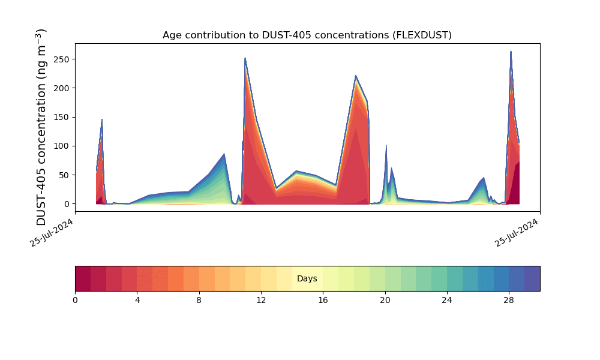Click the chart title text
coord(307,35)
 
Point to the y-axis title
coord(41,127)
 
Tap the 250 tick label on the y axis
coord(62,59)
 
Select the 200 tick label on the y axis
coord(62,88)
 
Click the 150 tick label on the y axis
coord(62,118)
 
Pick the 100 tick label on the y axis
coord(62,146)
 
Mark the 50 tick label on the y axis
coord(64,175)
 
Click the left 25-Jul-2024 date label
coord(51,233)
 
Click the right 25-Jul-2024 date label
coord(516,233)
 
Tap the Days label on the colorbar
coord(307,278)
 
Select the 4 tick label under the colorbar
coord(137,301)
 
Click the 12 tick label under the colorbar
coord(261,301)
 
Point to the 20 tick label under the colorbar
coord(385,301)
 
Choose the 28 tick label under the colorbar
coord(509,301)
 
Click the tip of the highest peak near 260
coord(511,51)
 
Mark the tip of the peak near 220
coord(356,76)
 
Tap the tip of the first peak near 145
coord(102,119)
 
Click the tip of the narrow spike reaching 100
coord(386,145)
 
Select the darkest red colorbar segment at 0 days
coord(83,278)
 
